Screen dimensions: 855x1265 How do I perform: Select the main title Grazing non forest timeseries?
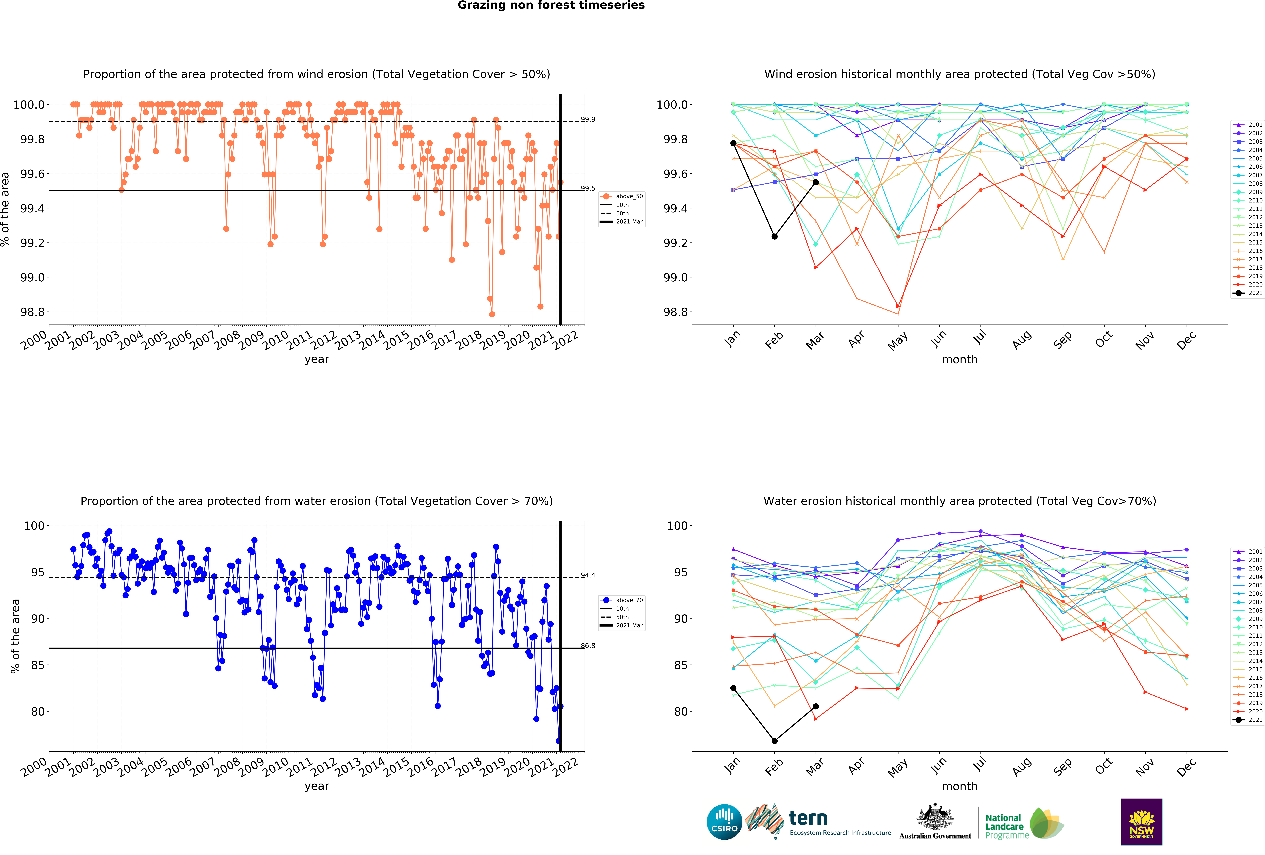(x=551, y=5)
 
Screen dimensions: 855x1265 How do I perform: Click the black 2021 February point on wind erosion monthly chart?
(x=774, y=236)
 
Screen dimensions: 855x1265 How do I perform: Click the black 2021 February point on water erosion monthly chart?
(x=774, y=741)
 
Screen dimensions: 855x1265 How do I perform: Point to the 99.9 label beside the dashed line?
(x=588, y=119)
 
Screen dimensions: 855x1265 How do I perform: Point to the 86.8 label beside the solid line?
(x=588, y=645)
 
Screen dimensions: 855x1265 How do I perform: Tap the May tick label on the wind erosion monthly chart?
(x=897, y=341)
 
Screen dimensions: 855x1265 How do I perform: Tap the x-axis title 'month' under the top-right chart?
(x=960, y=359)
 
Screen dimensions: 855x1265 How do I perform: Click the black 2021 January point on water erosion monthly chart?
(x=733, y=688)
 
